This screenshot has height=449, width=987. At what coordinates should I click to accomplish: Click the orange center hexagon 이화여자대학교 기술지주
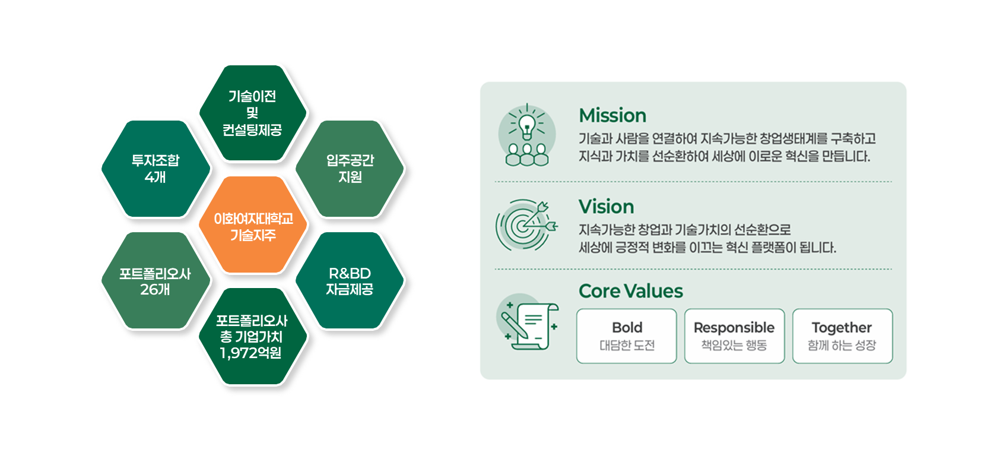(x=253, y=225)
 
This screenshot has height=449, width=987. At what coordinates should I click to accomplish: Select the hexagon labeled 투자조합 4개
(x=155, y=169)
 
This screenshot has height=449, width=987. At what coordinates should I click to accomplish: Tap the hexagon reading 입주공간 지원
(x=350, y=169)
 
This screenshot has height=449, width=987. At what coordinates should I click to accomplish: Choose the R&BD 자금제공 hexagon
(x=350, y=280)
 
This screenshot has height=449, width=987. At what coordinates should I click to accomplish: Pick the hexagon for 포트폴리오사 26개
(x=155, y=280)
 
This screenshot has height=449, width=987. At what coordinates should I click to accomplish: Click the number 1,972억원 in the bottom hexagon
(x=250, y=353)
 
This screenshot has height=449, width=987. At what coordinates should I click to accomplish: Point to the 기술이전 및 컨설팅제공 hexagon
(x=253, y=113)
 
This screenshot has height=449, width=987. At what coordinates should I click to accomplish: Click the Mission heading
(x=612, y=116)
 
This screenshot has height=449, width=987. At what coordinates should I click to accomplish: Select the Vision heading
(x=607, y=207)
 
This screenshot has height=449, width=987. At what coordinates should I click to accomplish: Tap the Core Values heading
(x=630, y=291)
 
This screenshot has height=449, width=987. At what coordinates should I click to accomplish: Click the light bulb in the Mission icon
(x=527, y=126)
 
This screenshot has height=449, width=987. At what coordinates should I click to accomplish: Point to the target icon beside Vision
(x=526, y=225)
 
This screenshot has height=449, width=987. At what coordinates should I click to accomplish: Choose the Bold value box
(x=627, y=336)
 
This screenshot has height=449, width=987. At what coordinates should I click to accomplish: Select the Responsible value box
(x=735, y=336)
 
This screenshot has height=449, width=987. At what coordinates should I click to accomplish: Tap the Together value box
(x=842, y=336)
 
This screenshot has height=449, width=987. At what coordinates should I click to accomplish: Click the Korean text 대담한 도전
(x=627, y=345)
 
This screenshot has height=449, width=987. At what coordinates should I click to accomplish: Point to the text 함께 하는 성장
(x=842, y=345)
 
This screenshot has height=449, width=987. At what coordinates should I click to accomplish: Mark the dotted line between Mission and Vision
(x=693, y=181)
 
